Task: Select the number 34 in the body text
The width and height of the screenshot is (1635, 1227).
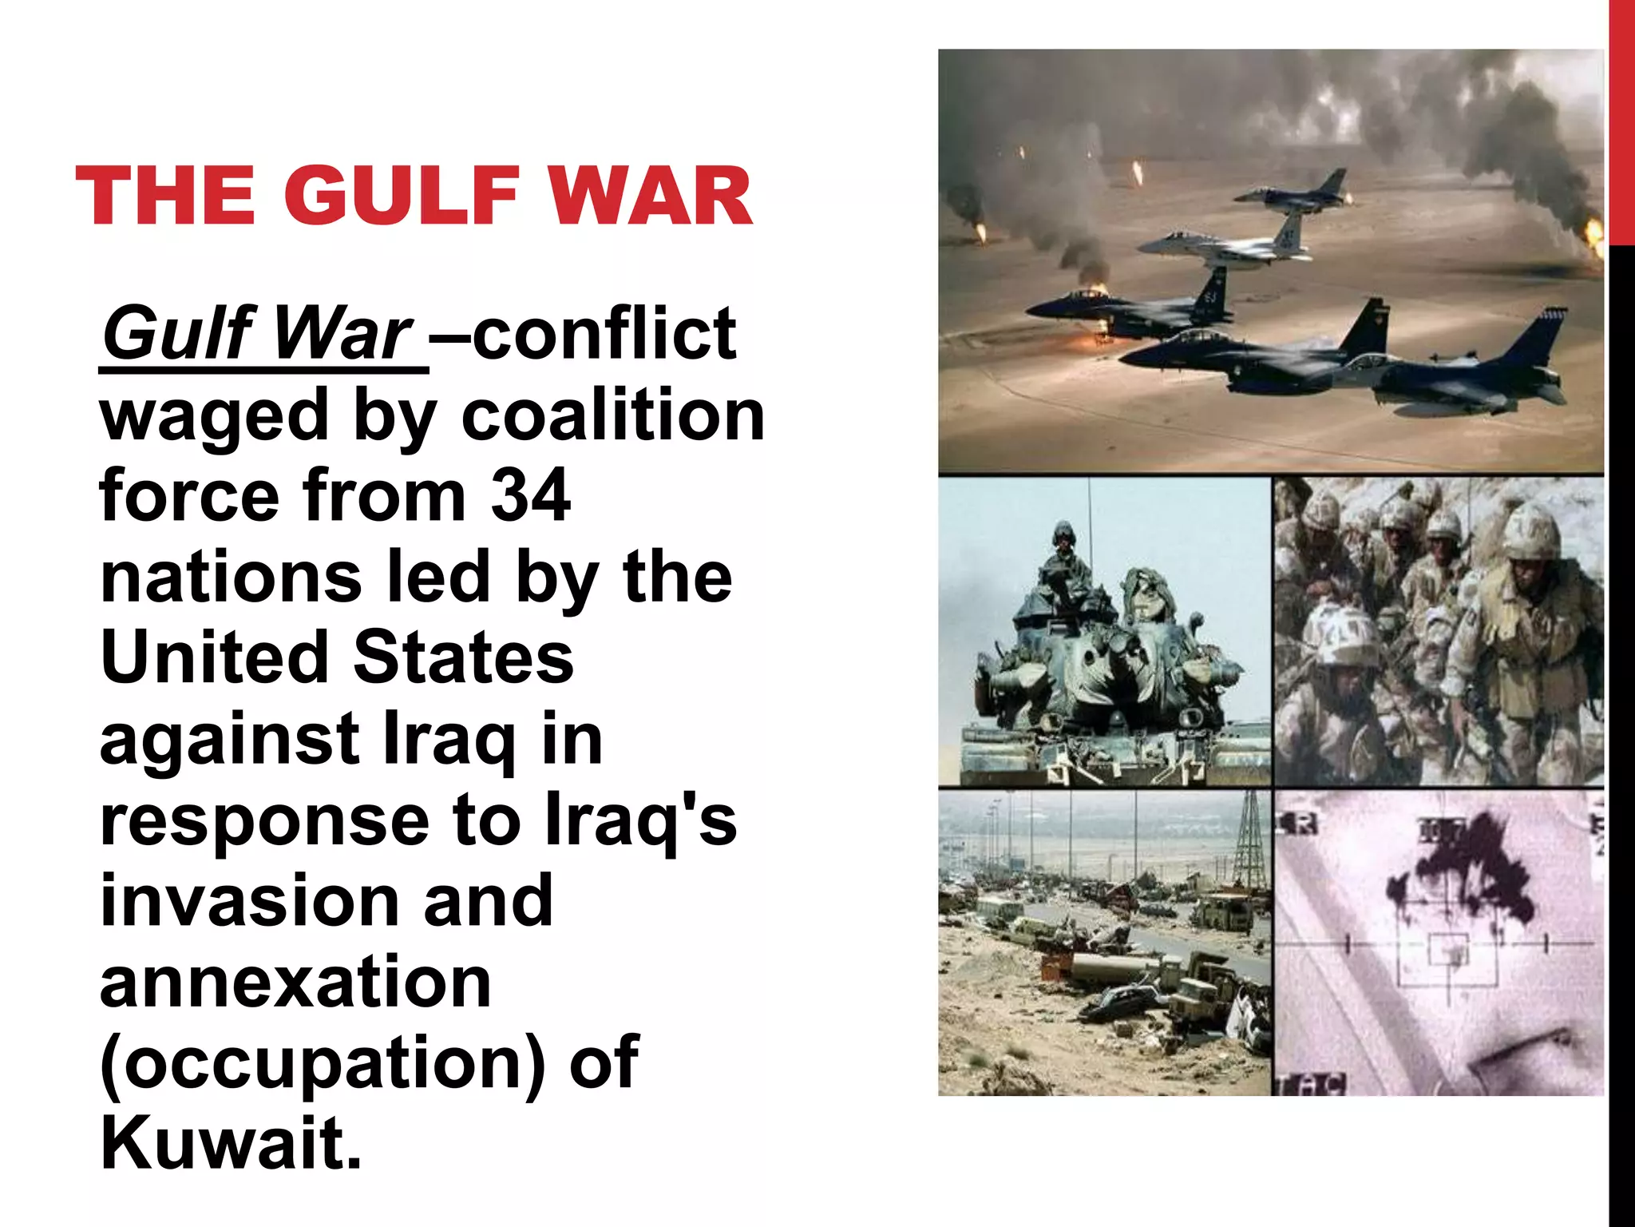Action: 530,495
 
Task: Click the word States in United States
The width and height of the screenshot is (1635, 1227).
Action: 463,657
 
